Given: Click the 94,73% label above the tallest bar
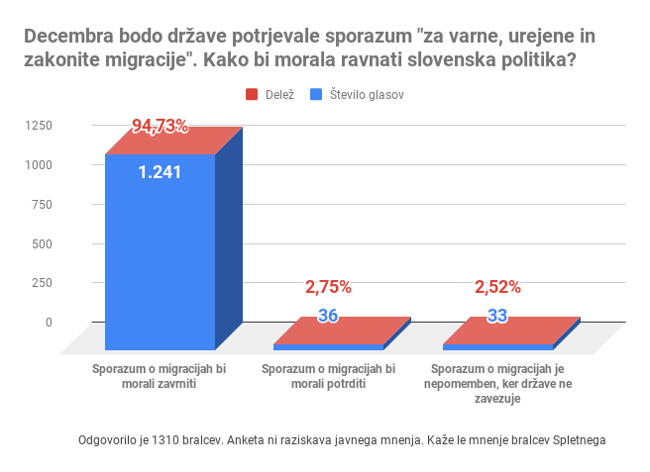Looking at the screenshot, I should (160, 126).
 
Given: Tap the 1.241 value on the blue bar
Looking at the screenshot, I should (160, 172).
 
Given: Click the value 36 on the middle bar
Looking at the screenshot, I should (328, 317).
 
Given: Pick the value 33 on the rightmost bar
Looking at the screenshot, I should (498, 317).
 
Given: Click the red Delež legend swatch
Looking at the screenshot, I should (252, 95).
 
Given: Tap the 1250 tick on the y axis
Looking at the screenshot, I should (40, 125).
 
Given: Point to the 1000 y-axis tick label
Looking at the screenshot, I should (40, 164).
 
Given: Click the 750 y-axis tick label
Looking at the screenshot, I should (43, 204).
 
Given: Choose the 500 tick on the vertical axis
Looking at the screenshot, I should (43, 243).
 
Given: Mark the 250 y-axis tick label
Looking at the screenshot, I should (43, 282).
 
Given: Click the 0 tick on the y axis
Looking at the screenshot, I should (49, 322).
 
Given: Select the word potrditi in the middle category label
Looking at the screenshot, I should (343, 384).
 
